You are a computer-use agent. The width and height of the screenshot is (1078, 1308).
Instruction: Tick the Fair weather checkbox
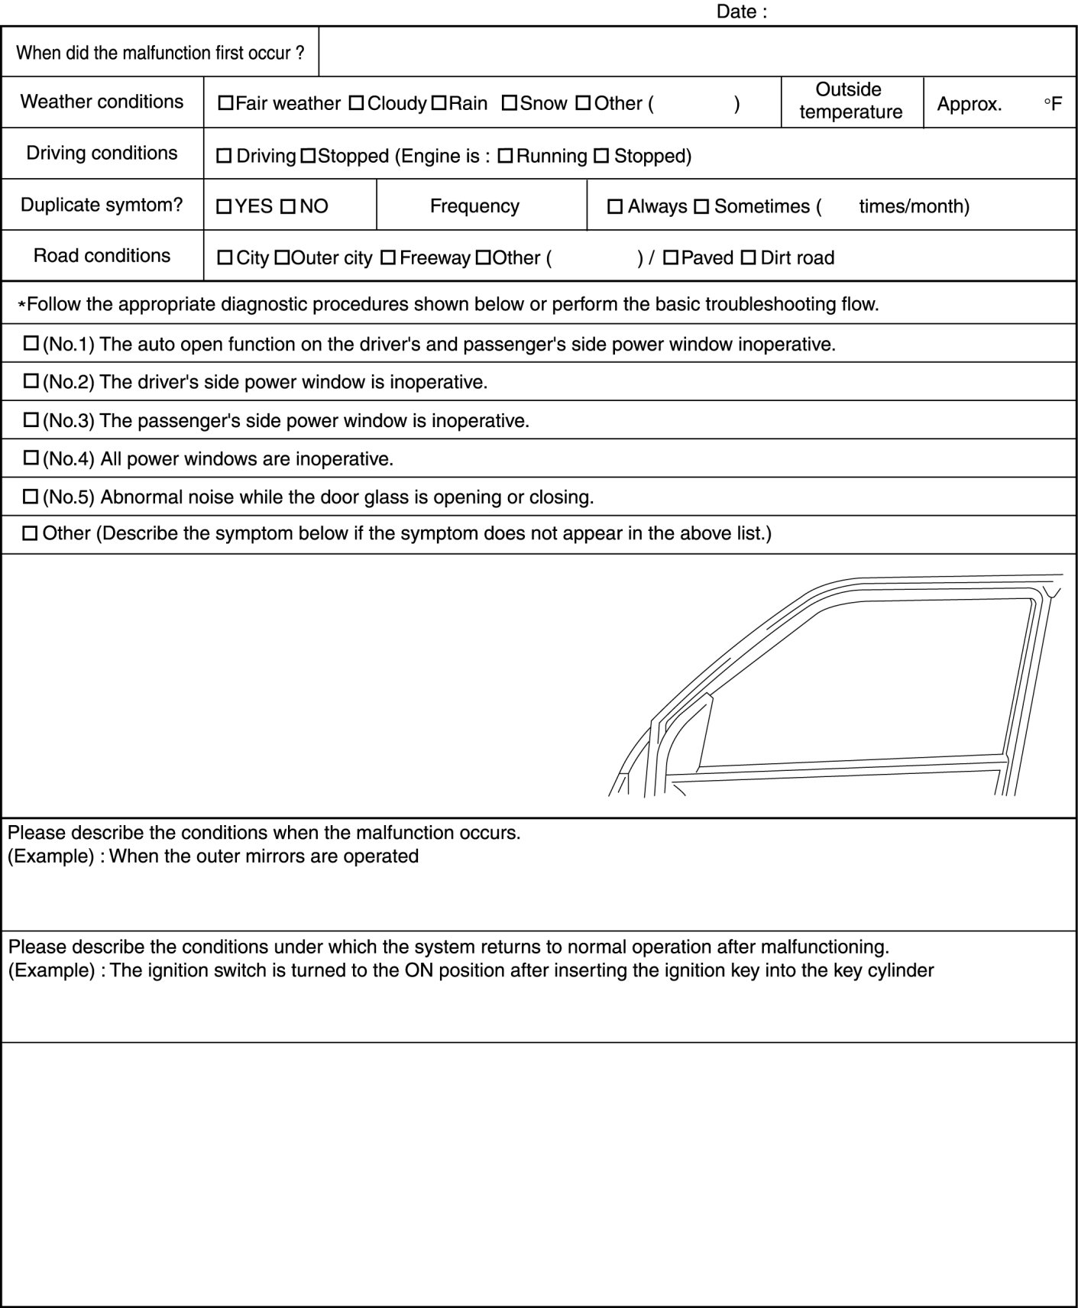click(225, 103)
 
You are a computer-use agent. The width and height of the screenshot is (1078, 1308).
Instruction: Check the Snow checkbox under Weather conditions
click(509, 103)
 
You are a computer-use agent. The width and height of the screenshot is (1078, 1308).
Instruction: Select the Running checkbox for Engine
click(505, 157)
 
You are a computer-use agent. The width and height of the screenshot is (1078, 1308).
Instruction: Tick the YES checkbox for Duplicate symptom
click(224, 206)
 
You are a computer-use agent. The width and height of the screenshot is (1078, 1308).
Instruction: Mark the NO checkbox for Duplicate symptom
click(288, 206)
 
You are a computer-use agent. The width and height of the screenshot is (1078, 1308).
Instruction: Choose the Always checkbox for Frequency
click(614, 207)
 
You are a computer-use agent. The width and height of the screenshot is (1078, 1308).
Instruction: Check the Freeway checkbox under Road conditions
click(387, 258)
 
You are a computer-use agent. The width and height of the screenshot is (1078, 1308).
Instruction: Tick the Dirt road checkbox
click(749, 258)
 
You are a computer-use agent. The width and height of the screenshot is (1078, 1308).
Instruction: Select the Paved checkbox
click(670, 258)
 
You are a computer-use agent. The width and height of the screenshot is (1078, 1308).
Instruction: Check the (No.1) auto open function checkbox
click(31, 344)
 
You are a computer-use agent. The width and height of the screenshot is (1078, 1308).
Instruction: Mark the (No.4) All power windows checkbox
click(31, 458)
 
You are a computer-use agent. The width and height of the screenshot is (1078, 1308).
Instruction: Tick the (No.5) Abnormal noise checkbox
click(31, 497)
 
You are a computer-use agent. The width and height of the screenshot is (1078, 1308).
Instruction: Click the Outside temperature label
click(850, 101)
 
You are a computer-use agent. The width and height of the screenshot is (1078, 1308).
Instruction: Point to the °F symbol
click(1053, 104)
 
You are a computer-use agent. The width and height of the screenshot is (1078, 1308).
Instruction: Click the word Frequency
click(474, 206)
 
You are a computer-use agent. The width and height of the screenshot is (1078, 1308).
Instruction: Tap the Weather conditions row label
click(102, 102)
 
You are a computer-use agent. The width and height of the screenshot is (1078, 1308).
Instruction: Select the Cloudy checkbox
click(356, 103)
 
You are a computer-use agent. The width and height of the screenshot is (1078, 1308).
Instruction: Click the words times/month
click(914, 206)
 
